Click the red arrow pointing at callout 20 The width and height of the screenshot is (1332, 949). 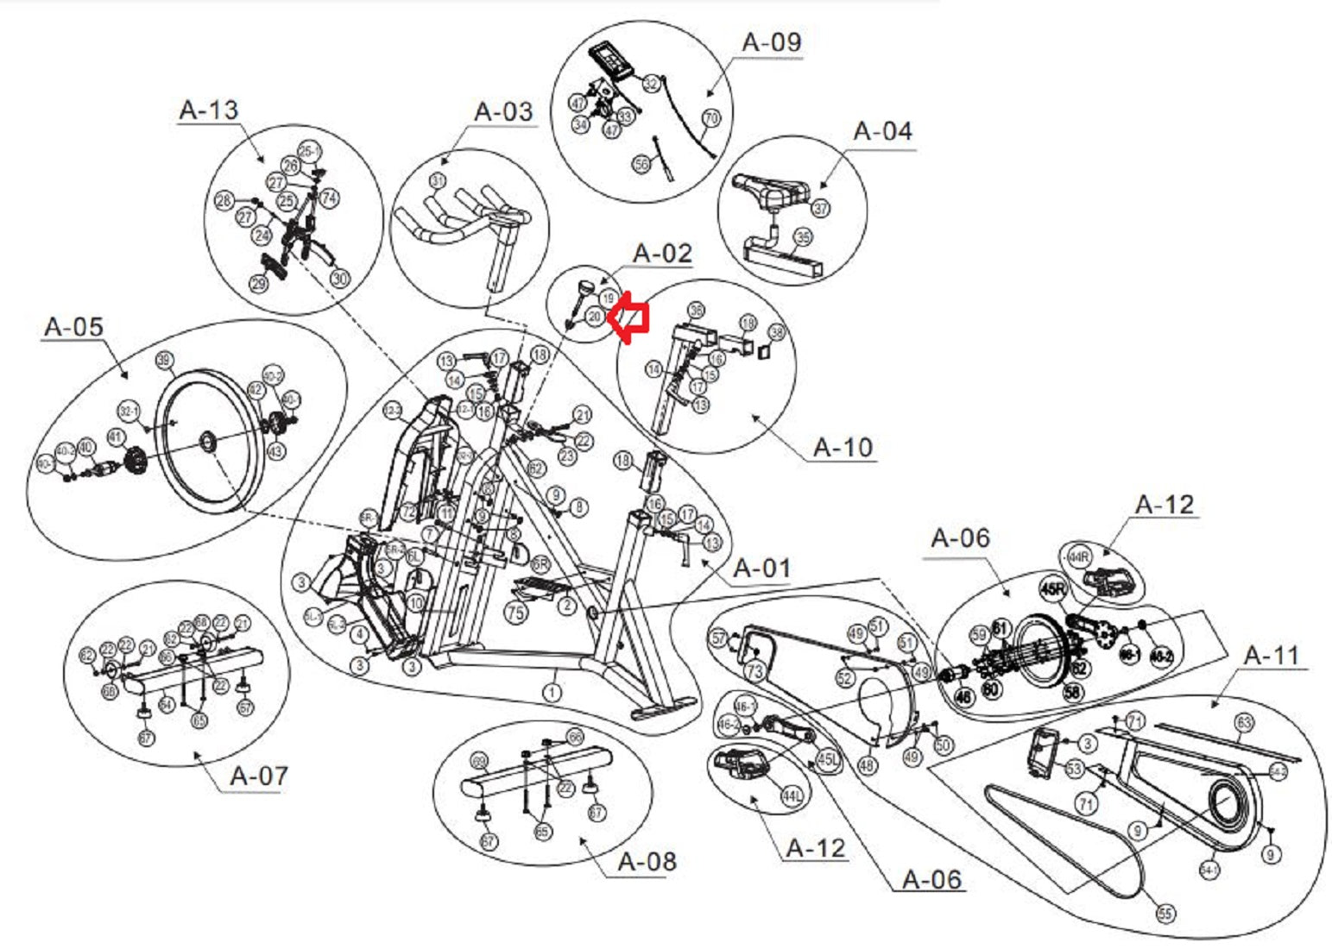pyautogui.click(x=628, y=317)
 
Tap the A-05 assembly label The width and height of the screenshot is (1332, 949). pyautogui.click(x=73, y=327)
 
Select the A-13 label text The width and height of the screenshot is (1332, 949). pyautogui.click(x=208, y=110)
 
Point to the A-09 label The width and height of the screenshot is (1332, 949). pyautogui.click(x=772, y=42)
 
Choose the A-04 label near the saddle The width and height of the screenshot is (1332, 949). pyautogui.click(x=882, y=131)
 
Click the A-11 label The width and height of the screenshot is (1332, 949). pyautogui.click(x=1272, y=656)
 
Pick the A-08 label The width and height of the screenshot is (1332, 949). pyautogui.click(x=647, y=861)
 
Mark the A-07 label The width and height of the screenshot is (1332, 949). pyautogui.click(x=259, y=776)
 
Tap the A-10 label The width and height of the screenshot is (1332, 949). pyautogui.click(x=843, y=448)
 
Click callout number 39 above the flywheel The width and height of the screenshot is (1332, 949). pyautogui.click(x=164, y=360)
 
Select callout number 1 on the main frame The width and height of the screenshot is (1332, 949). pyautogui.click(x=551, y=692)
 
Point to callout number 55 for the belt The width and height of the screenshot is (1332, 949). pyautogui.click(x=1165, y=913)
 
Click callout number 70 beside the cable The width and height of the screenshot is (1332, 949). pyautogui.click(x=711, y=117)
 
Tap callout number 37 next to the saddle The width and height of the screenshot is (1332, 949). pyautogui.click(x=820, y=208)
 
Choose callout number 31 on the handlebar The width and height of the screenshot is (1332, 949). pyautogui.click(x=438, y=181)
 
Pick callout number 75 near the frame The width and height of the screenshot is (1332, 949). pyautogui.click(x=515, y=613)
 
